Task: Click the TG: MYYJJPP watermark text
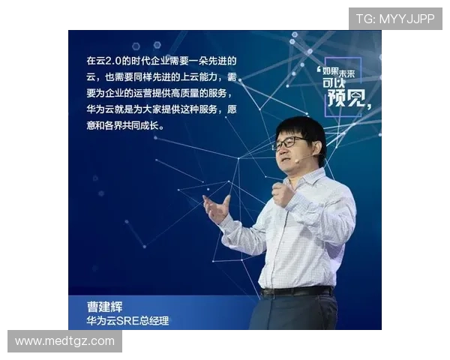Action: pyautogui.click(x=395, y=19)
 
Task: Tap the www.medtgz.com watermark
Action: pyautogui.click(x=64, y=341)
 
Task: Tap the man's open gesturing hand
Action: pyautogui.click(x=217, y=208)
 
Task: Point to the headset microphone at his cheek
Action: pyautogui.click(x=298, y=159)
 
